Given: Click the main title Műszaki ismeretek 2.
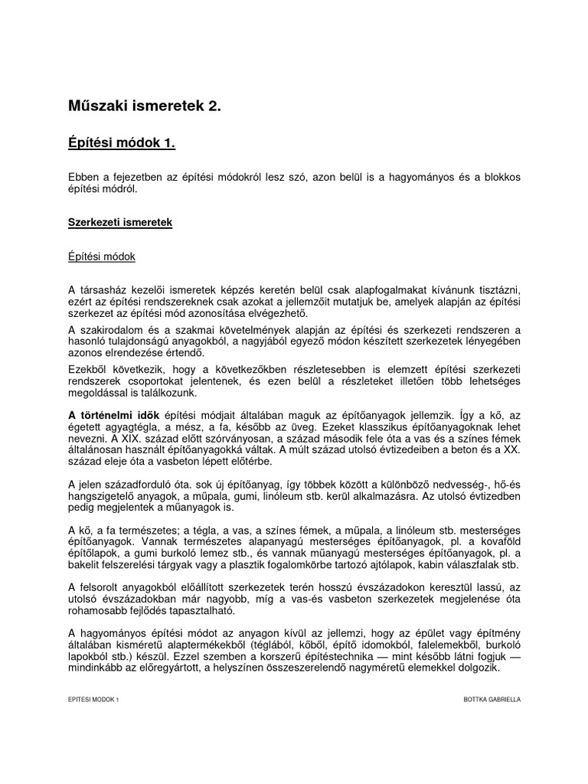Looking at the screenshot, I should point(145,107).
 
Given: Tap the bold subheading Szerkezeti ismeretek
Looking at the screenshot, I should point(121,223).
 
